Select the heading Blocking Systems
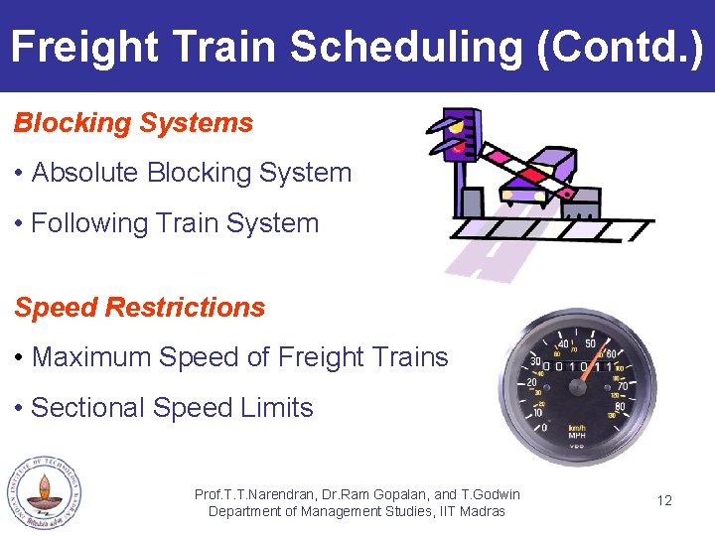[x=133, y=123]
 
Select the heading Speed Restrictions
[x=139, y=308]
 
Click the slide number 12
[x=664, y=500]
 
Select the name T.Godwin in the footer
[x=490, y=494]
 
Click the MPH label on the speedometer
[x=576, y=436]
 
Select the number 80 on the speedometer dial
[x=620, y=405]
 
